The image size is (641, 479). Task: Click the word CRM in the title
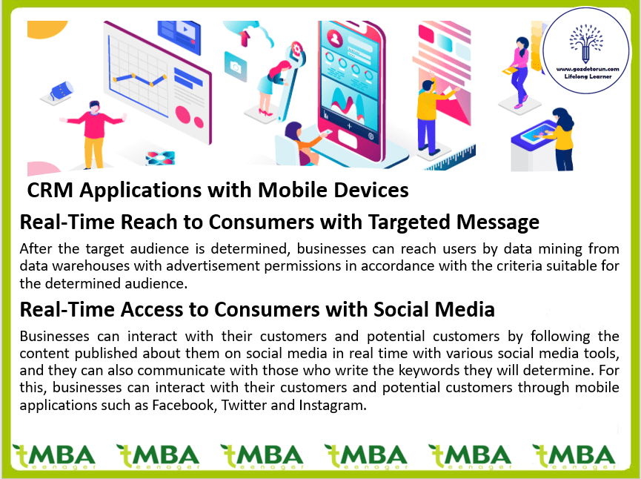(x=50, y=191)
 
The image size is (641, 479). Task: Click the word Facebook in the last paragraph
(x=185, y=405)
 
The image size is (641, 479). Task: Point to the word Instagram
(x=333, y=405)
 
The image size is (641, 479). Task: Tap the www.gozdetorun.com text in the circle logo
(x=588, y=69)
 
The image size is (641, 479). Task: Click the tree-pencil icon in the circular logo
(x=586, y=44)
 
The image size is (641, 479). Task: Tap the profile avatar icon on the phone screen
(x=335, y=39)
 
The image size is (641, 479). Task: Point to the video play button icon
(x=185, y=30)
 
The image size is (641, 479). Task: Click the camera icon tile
(x=236, y=66)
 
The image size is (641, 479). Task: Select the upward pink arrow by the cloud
(x=245, y=38)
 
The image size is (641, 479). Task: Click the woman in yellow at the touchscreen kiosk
(x=562, y=139)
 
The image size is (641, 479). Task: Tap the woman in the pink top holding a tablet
(x=519, y=73)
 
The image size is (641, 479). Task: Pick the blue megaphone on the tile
(x=61, y=90)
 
